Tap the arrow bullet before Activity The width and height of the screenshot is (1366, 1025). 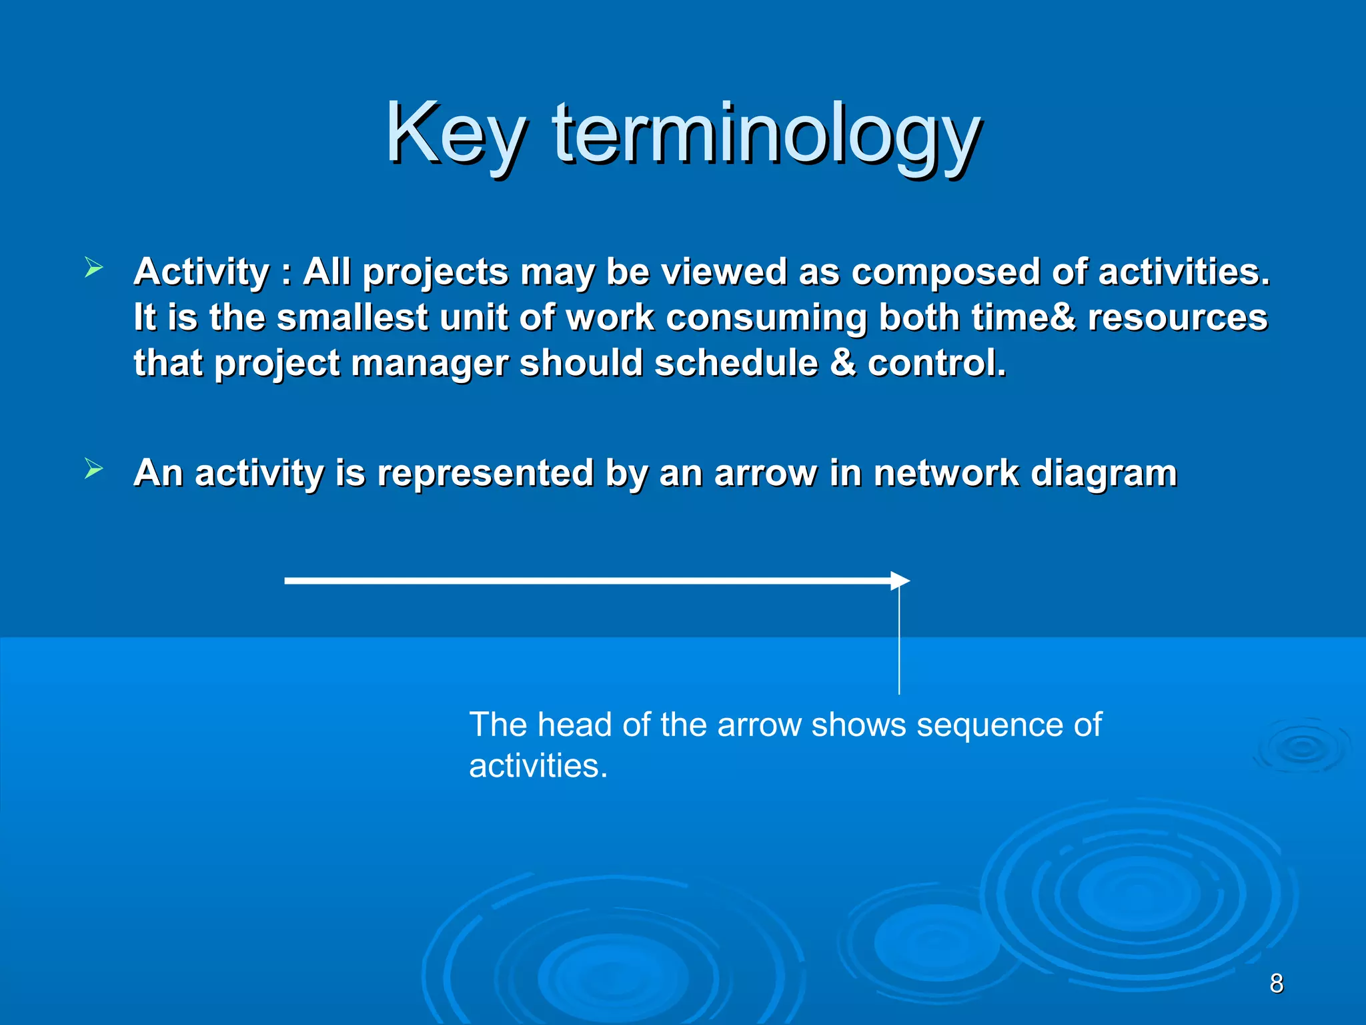94,269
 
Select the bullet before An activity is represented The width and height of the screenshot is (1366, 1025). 94,469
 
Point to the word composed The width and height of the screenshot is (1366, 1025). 945,272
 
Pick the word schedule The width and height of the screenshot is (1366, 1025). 736,364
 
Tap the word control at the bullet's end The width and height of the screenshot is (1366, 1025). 934,364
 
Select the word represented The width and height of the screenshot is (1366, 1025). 485,473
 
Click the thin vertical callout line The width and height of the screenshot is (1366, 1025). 898,641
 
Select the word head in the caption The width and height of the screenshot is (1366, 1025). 574,725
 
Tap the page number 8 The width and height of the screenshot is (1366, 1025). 1276,983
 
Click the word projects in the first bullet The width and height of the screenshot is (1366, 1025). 435,272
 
